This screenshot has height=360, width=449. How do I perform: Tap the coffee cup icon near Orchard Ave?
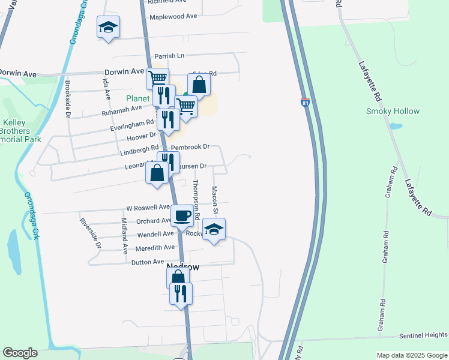182,215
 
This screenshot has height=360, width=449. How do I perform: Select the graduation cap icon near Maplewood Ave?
109,26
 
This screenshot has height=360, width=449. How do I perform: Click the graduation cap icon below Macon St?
214,229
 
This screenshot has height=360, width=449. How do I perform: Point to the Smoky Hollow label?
393,111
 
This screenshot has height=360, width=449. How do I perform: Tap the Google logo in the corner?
20,353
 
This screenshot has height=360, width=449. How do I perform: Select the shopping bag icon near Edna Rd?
199,85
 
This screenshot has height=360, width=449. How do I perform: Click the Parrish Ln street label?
169,56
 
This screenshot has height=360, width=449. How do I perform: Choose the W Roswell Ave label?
148,208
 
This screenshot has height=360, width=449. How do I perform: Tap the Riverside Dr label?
91,233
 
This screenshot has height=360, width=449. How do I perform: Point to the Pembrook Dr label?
190,147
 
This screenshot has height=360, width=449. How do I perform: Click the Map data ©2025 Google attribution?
412,355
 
